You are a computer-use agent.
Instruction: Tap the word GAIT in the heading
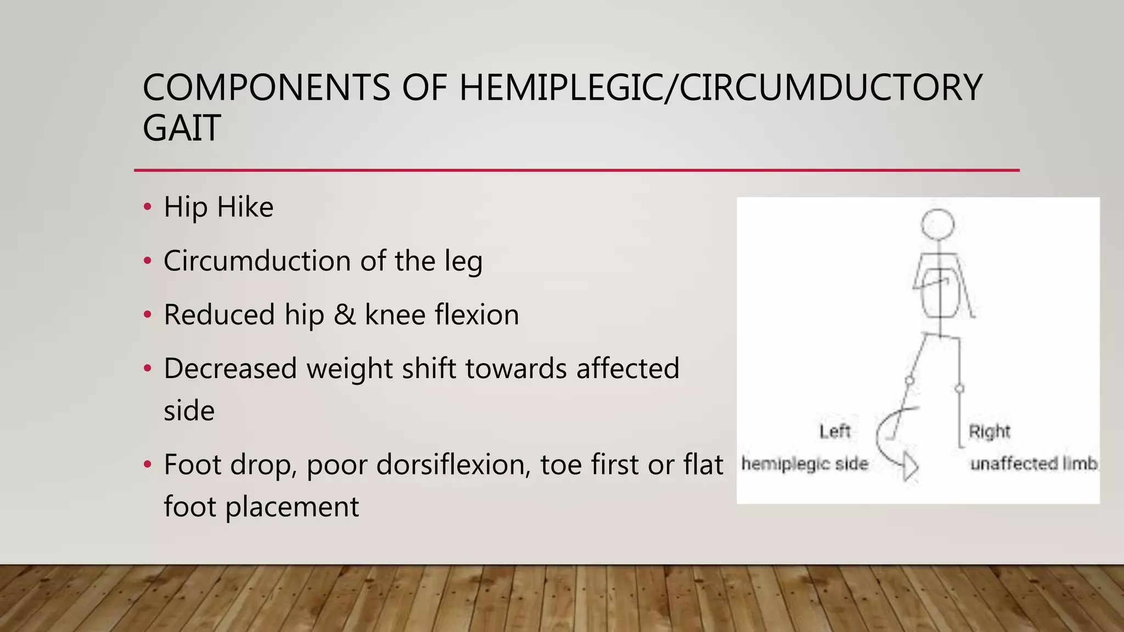pyautogui.click(x=182, y=128)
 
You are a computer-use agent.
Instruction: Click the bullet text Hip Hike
pyautogui.click(x=218, y=207)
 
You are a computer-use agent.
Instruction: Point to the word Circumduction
pyautogui.click(x=257, y=261)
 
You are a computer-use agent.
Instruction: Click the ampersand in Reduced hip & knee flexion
pyautogui.click(x=344, y=315)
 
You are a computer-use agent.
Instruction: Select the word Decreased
pyautogui.click(x=230, y=368)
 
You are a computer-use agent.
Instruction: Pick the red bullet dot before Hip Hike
pyautogui.click(x=147, y=207)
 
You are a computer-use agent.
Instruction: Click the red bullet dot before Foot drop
pyautogui.click(x=147, y=464)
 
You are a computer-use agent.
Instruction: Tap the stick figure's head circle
pyautogui.click(x=937, y=224)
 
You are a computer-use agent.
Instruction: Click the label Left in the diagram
pyautogui.click(x=835, y=432)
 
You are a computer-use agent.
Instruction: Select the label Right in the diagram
pyautogui.click(x=989, y=432)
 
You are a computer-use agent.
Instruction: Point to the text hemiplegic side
pyautogui.click(x=805, y=464)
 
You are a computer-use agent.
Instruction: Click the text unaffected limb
pyautogui.click(x=1034, y=464)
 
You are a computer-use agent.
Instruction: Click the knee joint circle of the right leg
pyautogui.click(x=959, y=389)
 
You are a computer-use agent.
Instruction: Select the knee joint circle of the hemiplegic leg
pyautogui.click(x=909, y=380)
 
